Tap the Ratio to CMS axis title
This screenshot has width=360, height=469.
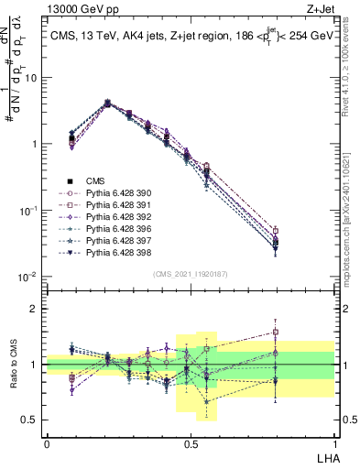point(13,365)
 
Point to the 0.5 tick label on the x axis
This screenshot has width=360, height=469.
point(191,442)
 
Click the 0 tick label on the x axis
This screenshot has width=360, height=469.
point(47,442)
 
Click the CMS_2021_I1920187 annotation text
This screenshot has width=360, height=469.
point(190,272)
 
